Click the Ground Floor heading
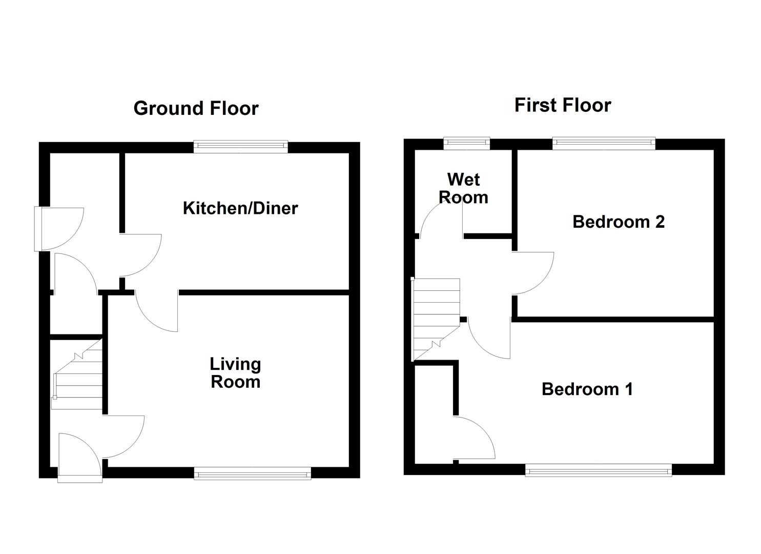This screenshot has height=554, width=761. pos(196,108)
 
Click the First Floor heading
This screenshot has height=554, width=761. pos(562,105)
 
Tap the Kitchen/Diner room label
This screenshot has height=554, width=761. pos(240,208)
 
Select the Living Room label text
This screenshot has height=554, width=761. pos(235,373)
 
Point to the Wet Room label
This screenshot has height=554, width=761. pos(463,188)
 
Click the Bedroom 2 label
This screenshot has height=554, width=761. pos(618,222)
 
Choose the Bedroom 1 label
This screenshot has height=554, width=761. pos(587,389)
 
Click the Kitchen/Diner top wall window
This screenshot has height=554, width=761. pos(240,147)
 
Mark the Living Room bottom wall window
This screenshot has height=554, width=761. pos(252,473)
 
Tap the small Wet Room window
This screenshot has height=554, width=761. pos(466,143)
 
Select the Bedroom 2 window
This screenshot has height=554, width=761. pos(604,143)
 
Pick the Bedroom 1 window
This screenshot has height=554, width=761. pos(598,470)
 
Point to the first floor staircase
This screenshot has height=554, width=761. pos(436,318)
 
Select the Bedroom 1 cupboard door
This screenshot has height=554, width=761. pos(474,439)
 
